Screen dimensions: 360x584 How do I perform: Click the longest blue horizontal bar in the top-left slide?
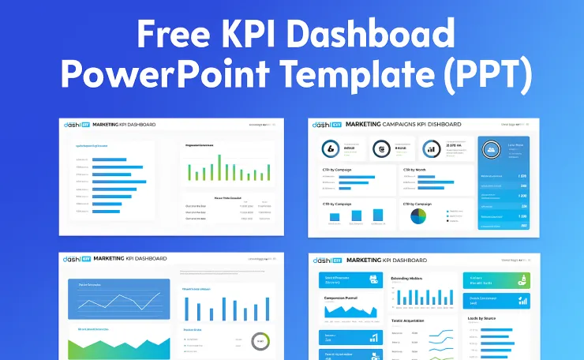(118, 167)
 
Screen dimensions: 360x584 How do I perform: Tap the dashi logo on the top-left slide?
(76, 125)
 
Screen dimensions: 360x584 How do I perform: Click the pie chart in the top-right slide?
(418, 215)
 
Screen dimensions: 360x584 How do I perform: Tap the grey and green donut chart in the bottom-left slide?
(260, 341)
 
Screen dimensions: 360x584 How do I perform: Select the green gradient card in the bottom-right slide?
(496, 280)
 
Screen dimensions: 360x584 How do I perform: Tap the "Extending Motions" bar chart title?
(408, 279)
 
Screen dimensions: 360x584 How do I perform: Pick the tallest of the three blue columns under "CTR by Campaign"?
(378, 215)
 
